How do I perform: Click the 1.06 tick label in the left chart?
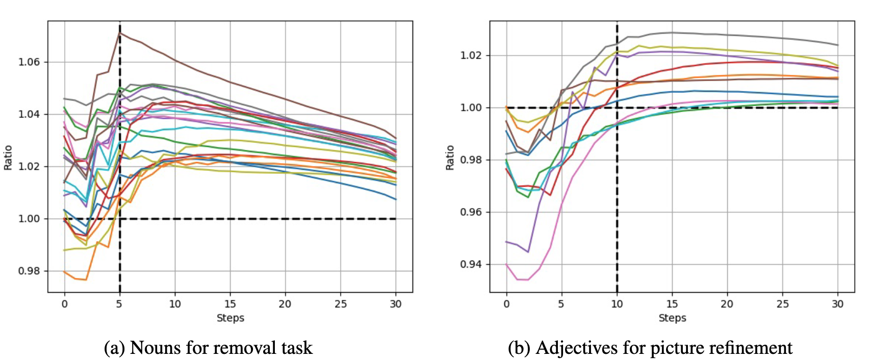pyautogui.click(x=29, y=62)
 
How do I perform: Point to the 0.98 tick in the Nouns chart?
pyautogui.click(x=29, y=271)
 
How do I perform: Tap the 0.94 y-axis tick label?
pyautogui.click(x=471, y=265)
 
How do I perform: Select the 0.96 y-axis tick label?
pyautogui.click(x=471, y=212)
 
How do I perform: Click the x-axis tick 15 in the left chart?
pyautogui.click(x=230, y=304)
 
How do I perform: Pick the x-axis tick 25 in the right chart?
pyautogui.click(x=782, y=304)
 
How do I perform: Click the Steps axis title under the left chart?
pyautogui.click(x=230, y=318)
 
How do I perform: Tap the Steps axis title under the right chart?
pyautogui.click(x=672, y=318)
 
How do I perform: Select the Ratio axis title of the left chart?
pyautogui.click(x=8, y=157)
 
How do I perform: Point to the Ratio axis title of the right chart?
pyautogui.click(x=450, y=157)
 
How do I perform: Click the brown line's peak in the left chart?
pyautogui.click(x=120, y=33)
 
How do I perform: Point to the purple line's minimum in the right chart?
pyautogui.click(x=528, y=252)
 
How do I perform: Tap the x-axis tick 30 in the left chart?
pyautogui.click(x=396, y=304)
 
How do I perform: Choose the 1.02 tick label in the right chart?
pyautogui.click(x=471, y=56)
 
